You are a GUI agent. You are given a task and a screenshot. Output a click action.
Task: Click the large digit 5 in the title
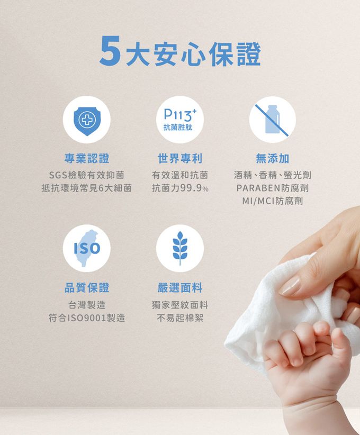click(110, 51)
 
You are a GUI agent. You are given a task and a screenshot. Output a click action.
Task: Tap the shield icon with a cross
click(87, 120)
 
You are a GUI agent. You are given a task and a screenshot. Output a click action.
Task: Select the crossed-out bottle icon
click(273, 120)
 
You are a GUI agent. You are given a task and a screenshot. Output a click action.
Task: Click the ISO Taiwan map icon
click(87, 248)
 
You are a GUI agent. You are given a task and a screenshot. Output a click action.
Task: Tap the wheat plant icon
click(180, 248)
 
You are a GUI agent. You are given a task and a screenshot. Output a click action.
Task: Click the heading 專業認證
click(87, 158)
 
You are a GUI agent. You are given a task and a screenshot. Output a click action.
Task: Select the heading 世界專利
click(180, 158)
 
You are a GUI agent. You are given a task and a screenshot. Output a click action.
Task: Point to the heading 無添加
click(273, 158)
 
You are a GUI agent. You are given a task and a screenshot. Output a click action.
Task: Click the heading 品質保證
click(87, 288)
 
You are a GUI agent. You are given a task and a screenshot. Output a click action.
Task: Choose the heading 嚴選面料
click(180, 288)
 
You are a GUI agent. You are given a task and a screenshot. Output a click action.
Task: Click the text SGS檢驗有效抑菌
click(87, 175)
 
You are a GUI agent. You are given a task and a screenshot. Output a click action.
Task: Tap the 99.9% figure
click(194, 188)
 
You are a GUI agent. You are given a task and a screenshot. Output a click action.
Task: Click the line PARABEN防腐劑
click(273, 188)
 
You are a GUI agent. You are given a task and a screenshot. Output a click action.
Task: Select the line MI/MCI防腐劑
click(273, 201)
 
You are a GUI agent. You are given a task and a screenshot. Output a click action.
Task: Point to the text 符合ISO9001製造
click(87, 318)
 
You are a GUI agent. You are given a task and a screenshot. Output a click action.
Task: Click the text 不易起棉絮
click(180, 318)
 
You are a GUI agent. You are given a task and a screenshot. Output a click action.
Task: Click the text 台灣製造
click(87, 305)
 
